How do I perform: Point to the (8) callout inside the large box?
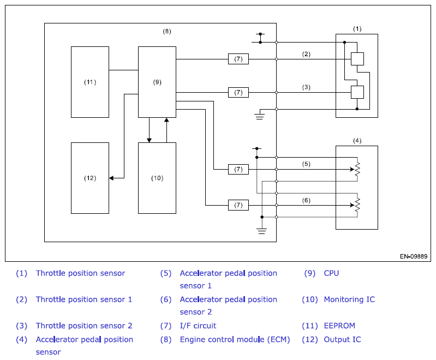pos(167,31)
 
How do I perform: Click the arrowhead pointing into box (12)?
pos(111,178)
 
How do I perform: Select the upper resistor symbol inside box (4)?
pos(357,169)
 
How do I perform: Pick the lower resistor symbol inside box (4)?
pos(357,205)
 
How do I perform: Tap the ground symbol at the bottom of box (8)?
pos(262,231)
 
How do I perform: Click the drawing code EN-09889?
pos(414,256)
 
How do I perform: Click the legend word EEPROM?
pos(339,326)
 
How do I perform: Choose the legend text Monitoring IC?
pos(349,299)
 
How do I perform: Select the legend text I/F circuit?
pos(198,326)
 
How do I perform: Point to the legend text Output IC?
pos(342,339)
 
